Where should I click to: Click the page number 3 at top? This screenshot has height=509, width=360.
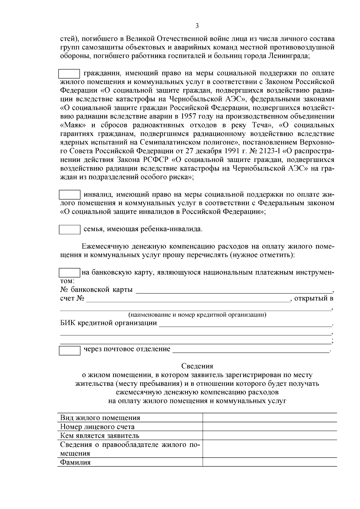coord(197,26)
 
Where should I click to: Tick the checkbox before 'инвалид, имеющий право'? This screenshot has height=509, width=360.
coord(69,195)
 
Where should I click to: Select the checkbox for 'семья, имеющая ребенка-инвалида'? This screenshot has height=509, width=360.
coord(69,230)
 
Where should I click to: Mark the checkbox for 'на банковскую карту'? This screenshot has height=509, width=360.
coord(69,273)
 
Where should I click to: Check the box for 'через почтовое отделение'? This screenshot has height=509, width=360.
coord(69,350)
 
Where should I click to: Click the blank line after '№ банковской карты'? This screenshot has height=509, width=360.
coord(234,290)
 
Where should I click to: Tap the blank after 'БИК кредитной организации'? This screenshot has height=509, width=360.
coord(244,323)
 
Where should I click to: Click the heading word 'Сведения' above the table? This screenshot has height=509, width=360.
coord(197,366)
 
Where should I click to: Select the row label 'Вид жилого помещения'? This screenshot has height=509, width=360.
coord(100,418)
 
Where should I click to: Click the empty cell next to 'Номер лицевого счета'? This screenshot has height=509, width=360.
coord(269,427)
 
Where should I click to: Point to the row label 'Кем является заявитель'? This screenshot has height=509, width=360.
coord(100,436)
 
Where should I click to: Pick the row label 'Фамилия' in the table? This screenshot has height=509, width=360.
coord(75,462)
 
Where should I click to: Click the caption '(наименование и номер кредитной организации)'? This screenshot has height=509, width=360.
coord(197,315)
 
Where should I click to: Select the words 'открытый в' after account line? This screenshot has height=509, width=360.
coord(314,299)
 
